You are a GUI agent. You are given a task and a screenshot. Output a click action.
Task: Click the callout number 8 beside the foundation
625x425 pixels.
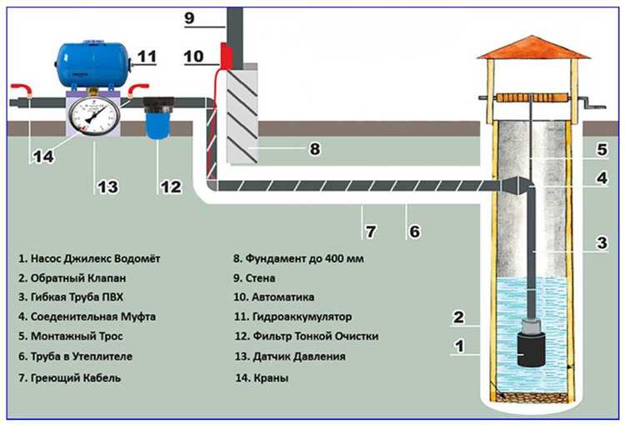[x=314, y=151]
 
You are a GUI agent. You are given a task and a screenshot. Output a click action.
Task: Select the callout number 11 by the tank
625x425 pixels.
[x=146, y=57]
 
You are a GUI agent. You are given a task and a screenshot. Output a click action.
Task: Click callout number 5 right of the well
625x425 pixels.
[x=602, y=152]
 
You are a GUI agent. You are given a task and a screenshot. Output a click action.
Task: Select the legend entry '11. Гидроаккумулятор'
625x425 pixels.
[x=292, y=317]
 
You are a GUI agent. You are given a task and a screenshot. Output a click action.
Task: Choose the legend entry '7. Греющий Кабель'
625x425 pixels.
[x=69, y=377]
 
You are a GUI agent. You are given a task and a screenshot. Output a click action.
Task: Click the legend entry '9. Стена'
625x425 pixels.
[x=254, y=278]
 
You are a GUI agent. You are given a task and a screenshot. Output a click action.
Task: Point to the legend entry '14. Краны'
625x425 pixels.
[x=263, y=377]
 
